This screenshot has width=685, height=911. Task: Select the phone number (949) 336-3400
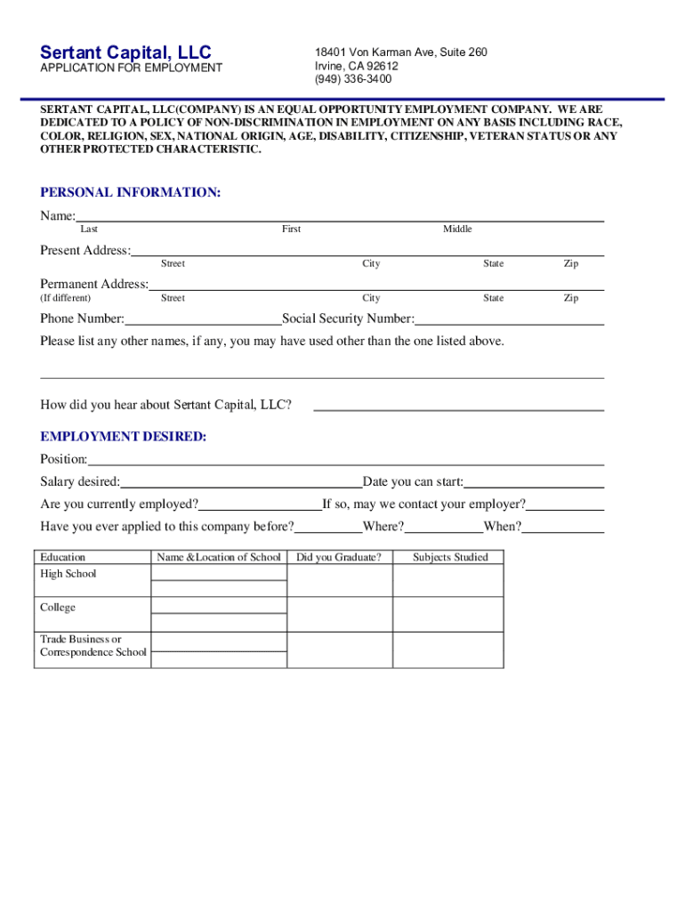(x=352, y=79)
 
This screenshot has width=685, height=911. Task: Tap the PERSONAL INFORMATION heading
(x=130, y=192)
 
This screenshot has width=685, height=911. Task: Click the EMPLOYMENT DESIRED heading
(x=123, y=436)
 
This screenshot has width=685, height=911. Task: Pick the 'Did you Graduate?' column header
(x=339, y=557)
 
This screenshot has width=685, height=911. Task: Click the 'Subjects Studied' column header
(x=450, y=557)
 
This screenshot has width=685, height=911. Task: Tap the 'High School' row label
(x=68, y=574)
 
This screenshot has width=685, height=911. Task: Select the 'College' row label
(x=58, y=608)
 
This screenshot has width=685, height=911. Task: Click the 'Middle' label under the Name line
(x=457, y=230)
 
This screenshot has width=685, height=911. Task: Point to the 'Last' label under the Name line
(x=89, y=230)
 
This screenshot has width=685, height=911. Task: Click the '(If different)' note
(x=65, y=298)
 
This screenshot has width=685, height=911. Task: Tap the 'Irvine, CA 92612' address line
(x=356, y=66)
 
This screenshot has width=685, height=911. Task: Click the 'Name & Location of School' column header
(x=219, y=557)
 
